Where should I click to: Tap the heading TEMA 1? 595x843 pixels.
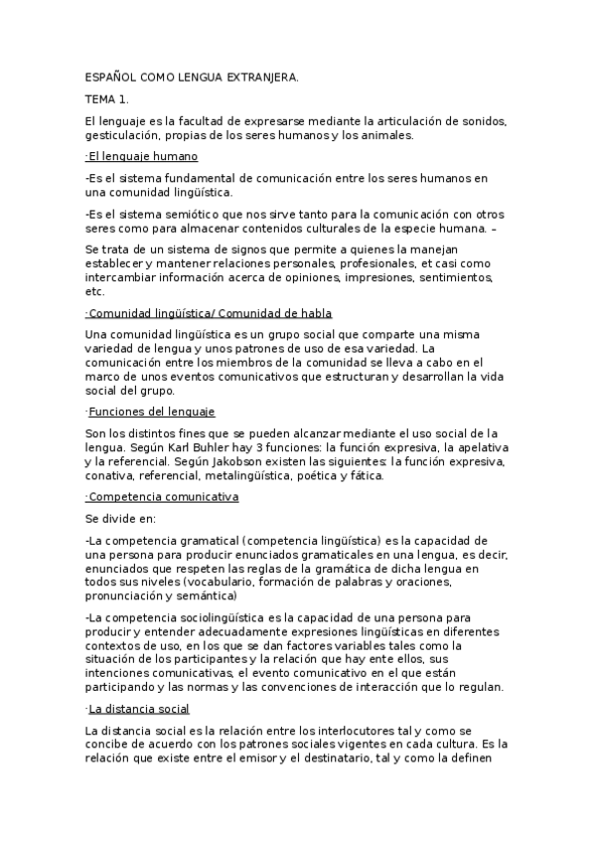point(107,99)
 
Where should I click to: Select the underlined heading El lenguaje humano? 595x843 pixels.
point(143,157)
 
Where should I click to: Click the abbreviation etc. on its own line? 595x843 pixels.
point(95,292)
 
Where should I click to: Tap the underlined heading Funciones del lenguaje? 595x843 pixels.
point(151,412)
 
